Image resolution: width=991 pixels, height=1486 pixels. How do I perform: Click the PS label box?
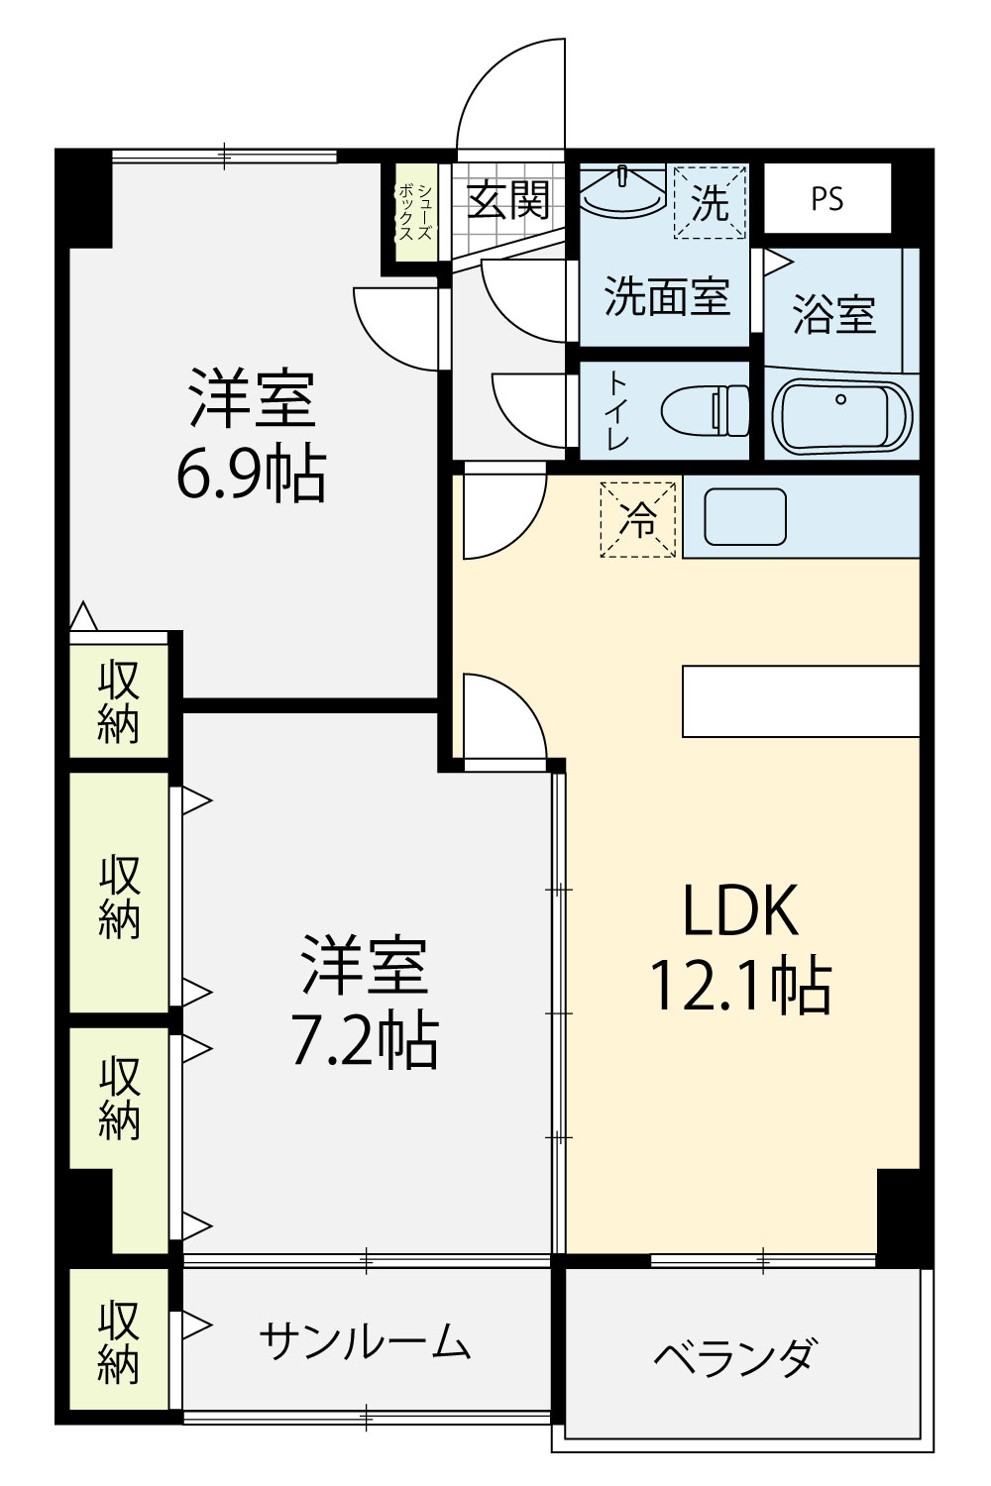pyautogui.click(x=827, y=198)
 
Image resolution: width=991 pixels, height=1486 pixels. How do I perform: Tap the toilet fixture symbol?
pyautogui.click(x=705, y=411)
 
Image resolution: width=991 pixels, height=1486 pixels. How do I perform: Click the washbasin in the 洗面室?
pyautogui.click(x=622, y=188)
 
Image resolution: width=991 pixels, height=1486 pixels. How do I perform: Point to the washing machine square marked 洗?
pyautogui.click(x=711, y=201)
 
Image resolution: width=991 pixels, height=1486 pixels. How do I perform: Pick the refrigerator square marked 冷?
pyautogui.click(x=638, y=519)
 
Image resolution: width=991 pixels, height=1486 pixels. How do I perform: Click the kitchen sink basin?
pyautogui.click(x=745, y=517)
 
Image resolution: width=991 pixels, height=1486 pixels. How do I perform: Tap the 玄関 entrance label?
pyautogui.click(x=508, y=198)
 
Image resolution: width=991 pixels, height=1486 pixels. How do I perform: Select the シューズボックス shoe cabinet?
pyautogui.click(x=416, y=212)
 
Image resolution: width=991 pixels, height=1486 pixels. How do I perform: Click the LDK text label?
pyautogui.click(x=740, y=910)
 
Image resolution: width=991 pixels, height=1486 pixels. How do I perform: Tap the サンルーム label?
pyautogui.click(x=365, y=1340)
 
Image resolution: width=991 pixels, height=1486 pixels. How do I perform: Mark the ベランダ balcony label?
pyautogui.click(x=732, y=1357)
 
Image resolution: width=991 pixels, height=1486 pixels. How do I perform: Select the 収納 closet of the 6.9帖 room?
pyautogui.click(x=120, y=701)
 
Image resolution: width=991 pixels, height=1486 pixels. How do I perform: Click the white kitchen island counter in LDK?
pyautogui.click(x=801, y=701)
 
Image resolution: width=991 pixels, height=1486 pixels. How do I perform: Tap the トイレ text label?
pyautogui.click(x=618, y=411)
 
